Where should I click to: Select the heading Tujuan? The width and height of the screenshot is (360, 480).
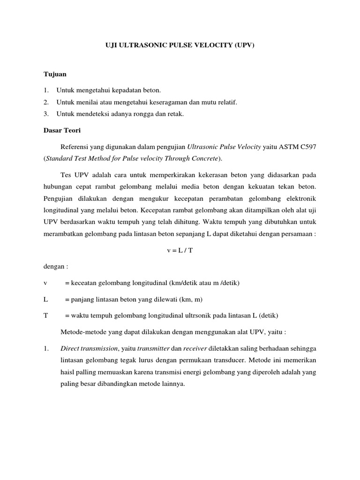[55, 75]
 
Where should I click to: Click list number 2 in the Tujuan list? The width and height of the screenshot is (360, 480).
[46, 102]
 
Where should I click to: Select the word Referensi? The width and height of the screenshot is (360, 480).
[75, 147]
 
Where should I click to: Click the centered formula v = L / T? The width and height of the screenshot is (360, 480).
[180, 250]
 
